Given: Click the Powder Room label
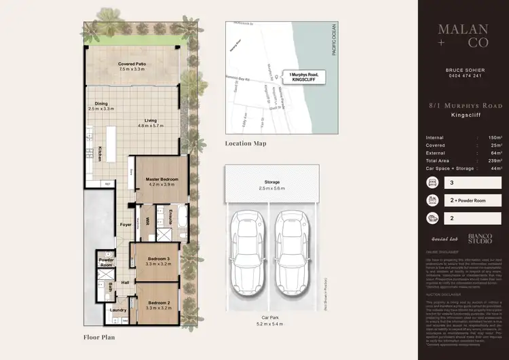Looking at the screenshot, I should click(105, 263).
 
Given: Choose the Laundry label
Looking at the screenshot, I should click(119, 312).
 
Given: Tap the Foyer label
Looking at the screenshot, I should click(126, 224).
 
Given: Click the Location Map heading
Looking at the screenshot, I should click(246, 144).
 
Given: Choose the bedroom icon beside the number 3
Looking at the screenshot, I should click(433, 183).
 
